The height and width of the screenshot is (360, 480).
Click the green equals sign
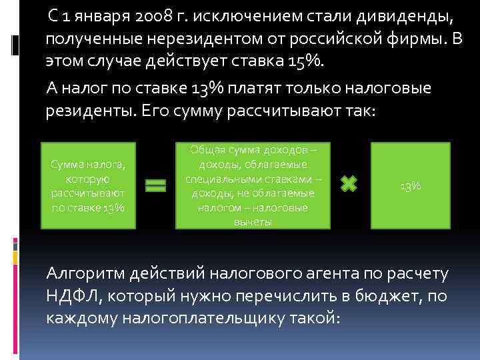click(155, 186)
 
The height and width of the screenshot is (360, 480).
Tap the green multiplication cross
click(349, 184)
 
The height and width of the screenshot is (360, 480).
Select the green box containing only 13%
click(410, 186)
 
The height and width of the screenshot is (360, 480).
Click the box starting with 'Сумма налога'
click(88, 186)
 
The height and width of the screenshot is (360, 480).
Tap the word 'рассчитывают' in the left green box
click(88, 193)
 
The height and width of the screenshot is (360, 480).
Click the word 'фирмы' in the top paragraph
click(417, 39)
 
